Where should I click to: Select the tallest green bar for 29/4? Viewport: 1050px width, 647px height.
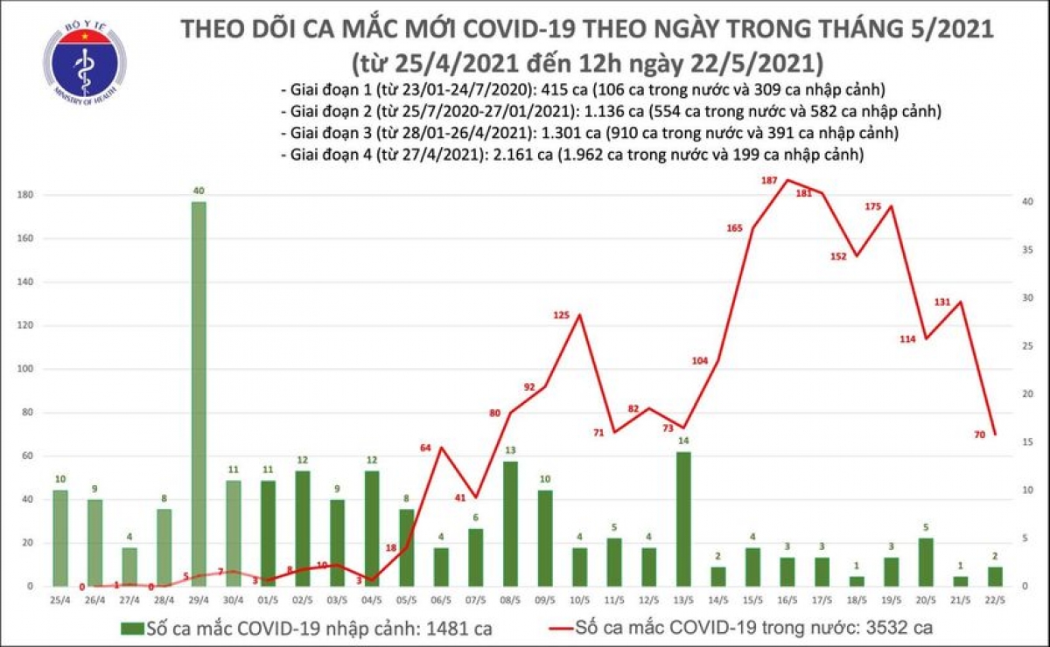(199, 393)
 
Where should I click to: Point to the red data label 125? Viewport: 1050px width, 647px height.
(562, 315)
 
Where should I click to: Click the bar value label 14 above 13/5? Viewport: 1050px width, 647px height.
(683, 442)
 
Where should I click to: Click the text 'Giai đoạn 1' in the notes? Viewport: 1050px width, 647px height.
(326, 90)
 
